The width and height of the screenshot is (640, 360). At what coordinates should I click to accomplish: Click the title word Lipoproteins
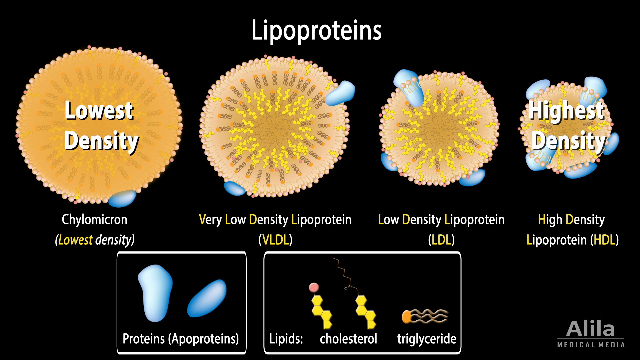[x=316, y=31]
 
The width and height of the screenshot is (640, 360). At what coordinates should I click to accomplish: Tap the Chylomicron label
[x=94, y=220]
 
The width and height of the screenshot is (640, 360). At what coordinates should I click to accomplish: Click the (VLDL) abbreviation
[x=275, y=240]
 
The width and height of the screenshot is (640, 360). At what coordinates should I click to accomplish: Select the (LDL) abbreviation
[x=441, y=240]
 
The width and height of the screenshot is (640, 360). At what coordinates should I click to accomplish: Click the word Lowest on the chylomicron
[x=99, y=111]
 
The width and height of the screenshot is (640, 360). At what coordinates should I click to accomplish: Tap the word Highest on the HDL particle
[x=567, y=111]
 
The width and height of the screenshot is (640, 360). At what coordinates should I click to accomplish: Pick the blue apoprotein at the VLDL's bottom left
[x=235, y=188]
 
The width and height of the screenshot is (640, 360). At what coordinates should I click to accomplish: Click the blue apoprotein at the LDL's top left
[x=408, y=86]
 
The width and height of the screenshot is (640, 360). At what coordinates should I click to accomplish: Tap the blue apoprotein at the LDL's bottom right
[x=473, y=177]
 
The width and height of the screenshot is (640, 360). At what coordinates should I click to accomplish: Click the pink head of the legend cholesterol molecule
[x=314, y=287]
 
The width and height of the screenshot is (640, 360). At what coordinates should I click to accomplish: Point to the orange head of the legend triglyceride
[x=406, y=316]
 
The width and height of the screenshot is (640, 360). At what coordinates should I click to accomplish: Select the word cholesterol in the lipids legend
[x=348, y=339]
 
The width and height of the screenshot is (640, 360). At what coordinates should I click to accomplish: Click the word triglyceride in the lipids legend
[x=427, y=339]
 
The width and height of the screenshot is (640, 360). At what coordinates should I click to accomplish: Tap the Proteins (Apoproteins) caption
[x=181, y=339]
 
